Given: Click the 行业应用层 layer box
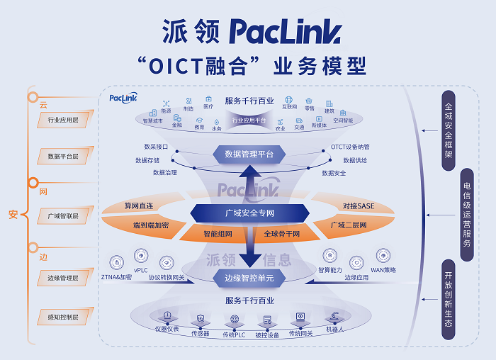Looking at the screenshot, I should tap(63, 121).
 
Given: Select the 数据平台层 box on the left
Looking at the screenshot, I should tap(63, 155).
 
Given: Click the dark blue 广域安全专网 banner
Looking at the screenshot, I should tap(249, 213).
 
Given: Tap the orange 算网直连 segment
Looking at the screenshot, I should tap(139, 206).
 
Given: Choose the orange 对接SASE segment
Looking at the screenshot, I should tap(359, 206).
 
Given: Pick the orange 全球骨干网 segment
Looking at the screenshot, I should tap(282, 233).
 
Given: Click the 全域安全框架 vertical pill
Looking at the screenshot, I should tap(448, 130).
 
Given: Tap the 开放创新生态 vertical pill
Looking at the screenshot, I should tap(448, 298).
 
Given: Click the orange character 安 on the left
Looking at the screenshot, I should tap(13, 214).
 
